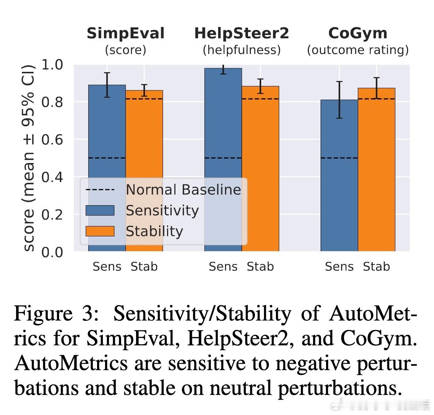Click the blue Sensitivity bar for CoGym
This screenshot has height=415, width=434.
339,182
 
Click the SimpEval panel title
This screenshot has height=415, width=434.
125,34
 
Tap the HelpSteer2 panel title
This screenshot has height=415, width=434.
241,34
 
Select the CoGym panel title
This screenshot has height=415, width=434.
358,34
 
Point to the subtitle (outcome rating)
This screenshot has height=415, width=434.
358,50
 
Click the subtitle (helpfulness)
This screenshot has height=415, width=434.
241,50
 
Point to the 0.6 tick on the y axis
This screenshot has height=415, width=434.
52,139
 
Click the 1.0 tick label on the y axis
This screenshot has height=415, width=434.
52,65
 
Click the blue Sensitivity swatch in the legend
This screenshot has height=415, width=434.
100,210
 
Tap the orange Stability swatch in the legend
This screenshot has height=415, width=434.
100,231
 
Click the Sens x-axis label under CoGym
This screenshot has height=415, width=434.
339,267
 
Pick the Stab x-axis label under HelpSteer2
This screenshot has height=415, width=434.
260,267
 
